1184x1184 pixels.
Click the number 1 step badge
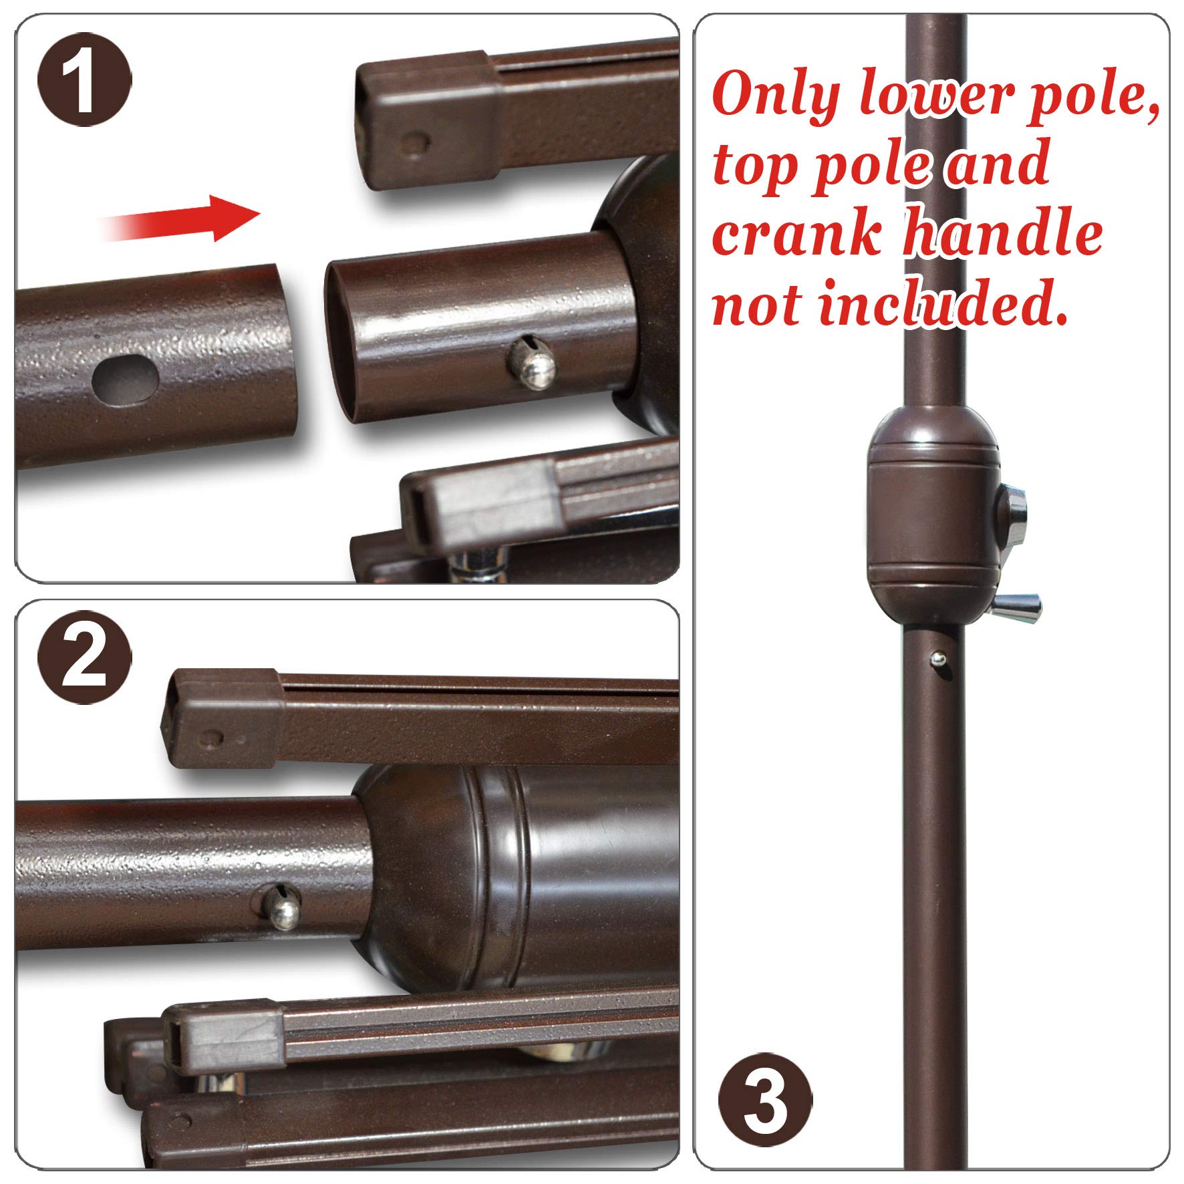coord(84,84)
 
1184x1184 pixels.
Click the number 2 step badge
coord(84,659)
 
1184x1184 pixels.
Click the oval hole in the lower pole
coord(126,380)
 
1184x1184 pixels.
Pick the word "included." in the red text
coord(942,305)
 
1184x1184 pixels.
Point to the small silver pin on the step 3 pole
coord(939,660)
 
